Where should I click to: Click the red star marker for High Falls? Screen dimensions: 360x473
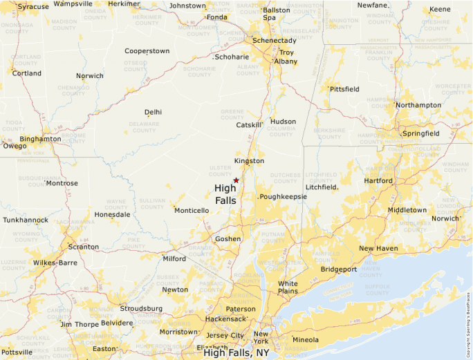(236, 180)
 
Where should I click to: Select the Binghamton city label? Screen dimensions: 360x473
(40, 138)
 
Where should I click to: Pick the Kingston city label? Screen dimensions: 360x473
(249, 161)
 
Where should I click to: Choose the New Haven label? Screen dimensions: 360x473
(378, 248)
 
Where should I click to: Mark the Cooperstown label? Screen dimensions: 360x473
(147, 51)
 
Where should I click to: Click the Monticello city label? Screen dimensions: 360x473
(191, 210)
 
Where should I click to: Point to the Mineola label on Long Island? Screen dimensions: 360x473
(305, 339)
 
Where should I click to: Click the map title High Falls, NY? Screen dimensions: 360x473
(236, 352)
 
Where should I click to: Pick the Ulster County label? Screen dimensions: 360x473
(220, 171)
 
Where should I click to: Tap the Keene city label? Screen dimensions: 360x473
(440, 9)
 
